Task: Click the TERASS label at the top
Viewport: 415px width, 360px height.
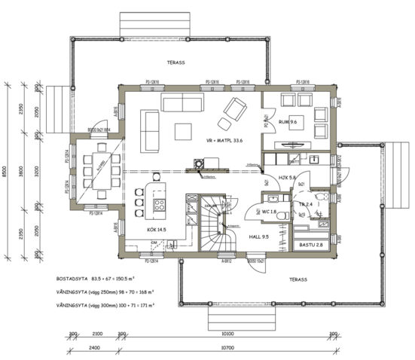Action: (175, 63)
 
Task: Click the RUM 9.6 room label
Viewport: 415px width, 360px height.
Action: (288, 121)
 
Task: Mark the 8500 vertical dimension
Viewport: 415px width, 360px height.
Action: (6, 172)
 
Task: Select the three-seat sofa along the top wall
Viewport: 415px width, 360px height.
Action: (182, 102)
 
